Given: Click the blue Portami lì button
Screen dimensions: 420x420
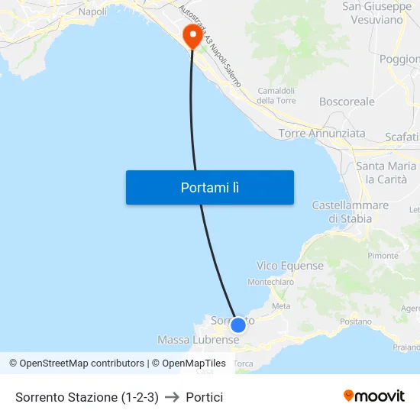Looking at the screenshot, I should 209,187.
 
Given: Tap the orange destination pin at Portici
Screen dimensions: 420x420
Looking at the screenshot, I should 192,36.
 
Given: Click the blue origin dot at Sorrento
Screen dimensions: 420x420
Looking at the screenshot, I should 237,325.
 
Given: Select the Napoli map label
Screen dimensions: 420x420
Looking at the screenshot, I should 93,11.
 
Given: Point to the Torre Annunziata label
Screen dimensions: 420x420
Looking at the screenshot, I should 321,134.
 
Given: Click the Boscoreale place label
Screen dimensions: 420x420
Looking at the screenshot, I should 347,101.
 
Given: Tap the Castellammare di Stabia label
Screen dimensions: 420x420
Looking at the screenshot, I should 351,212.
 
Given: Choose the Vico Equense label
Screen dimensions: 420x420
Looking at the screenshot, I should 290,266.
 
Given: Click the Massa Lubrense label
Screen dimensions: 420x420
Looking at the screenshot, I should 198,339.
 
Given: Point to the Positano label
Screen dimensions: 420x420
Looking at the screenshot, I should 355,322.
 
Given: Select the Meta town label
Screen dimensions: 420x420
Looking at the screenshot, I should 281,305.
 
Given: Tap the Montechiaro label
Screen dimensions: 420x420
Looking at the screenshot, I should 271,282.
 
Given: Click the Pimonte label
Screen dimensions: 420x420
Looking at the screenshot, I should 383,255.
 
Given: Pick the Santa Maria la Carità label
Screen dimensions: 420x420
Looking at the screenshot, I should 386,173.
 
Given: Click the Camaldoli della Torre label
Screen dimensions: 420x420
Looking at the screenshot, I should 276,95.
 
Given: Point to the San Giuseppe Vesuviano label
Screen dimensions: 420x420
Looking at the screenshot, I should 373,13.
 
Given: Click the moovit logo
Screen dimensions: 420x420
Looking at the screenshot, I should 374,396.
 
